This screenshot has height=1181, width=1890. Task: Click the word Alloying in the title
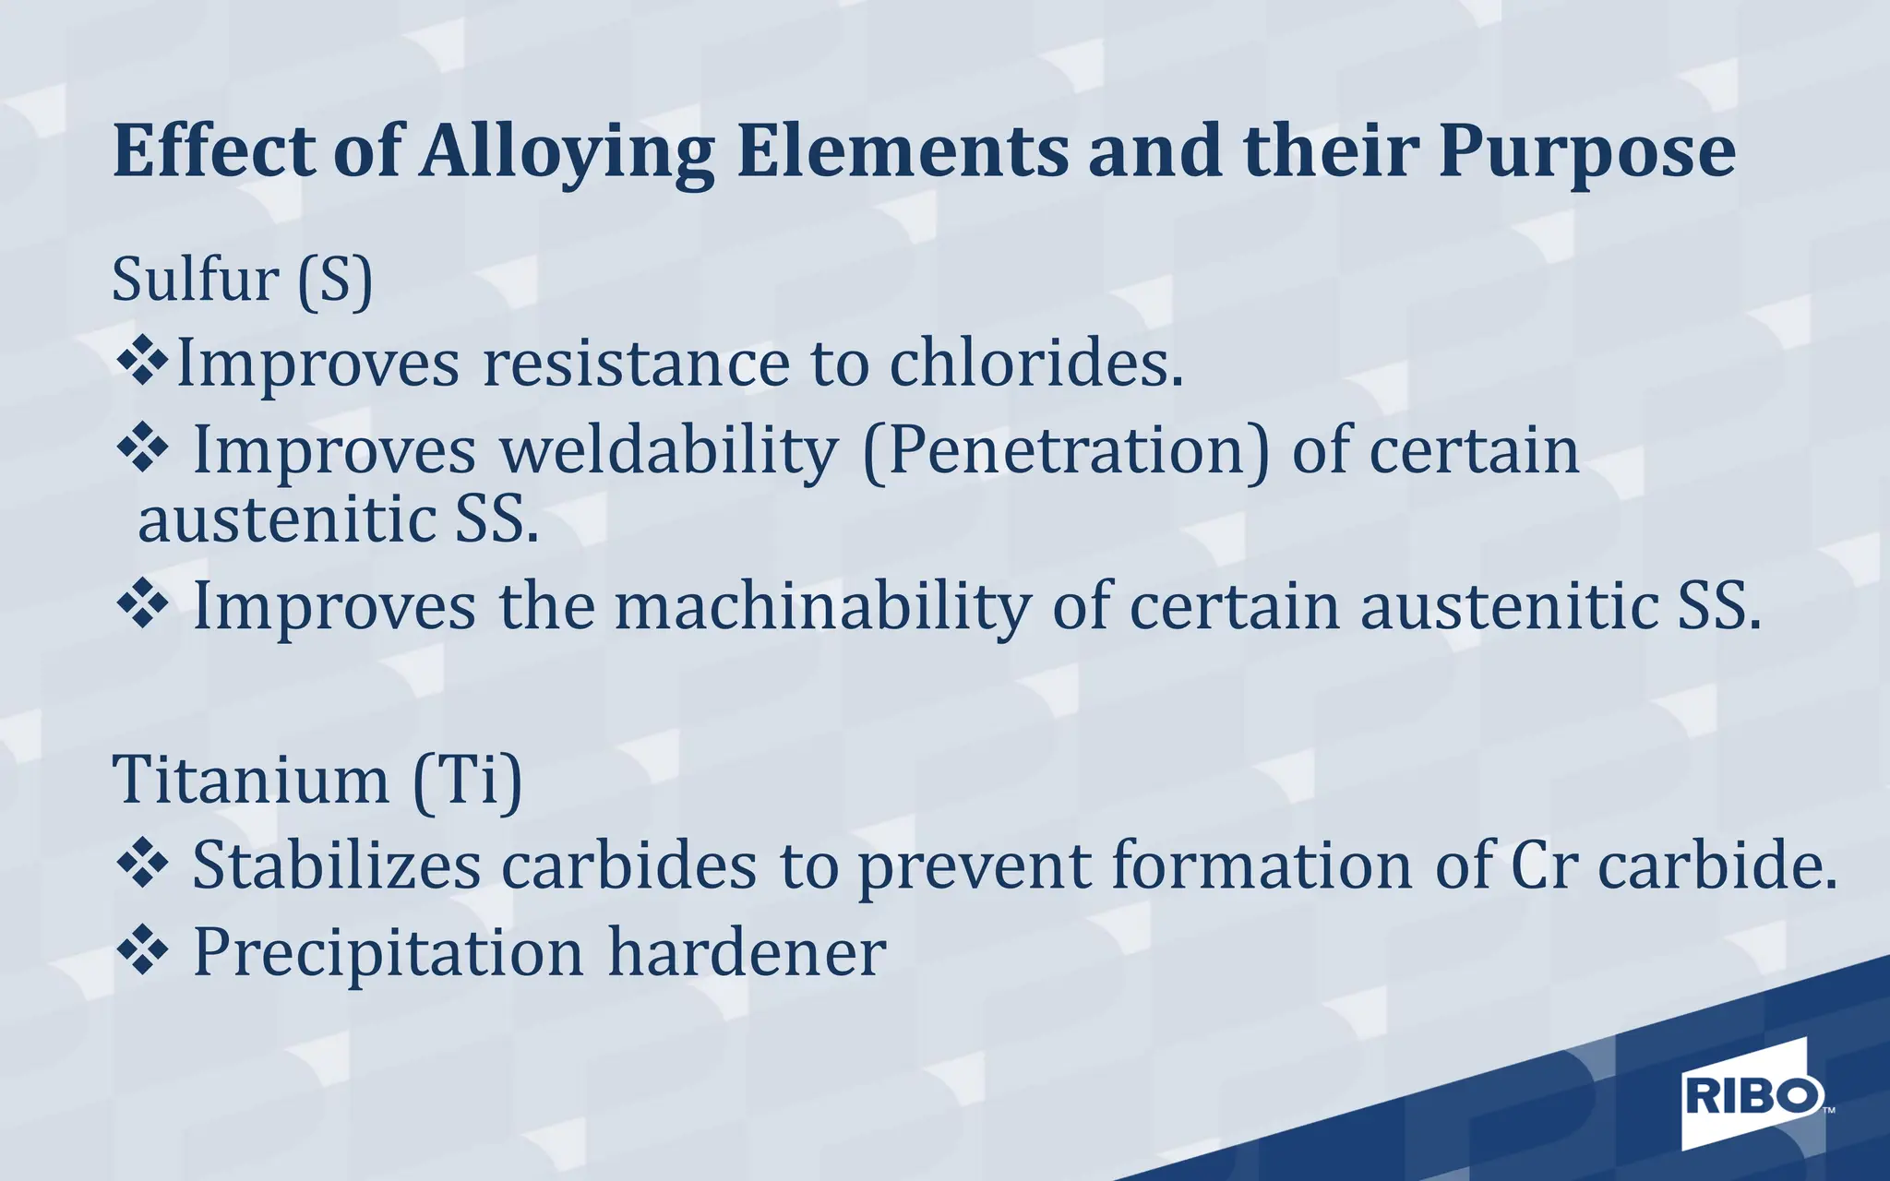[567, 152]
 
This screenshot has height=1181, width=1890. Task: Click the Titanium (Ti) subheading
[317, 781]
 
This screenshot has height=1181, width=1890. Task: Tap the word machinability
[822, 607]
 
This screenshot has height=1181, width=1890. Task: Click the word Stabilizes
[337, 866]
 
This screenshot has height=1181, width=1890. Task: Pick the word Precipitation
[388, 953]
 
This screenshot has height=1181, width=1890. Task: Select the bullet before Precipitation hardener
[143, 951]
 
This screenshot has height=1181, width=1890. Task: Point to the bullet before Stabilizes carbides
[143, 865]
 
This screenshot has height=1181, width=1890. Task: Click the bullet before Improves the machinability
[143, 605]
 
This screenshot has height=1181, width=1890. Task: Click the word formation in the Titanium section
[1262, 866]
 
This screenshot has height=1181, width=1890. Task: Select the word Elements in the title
[902, 152]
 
